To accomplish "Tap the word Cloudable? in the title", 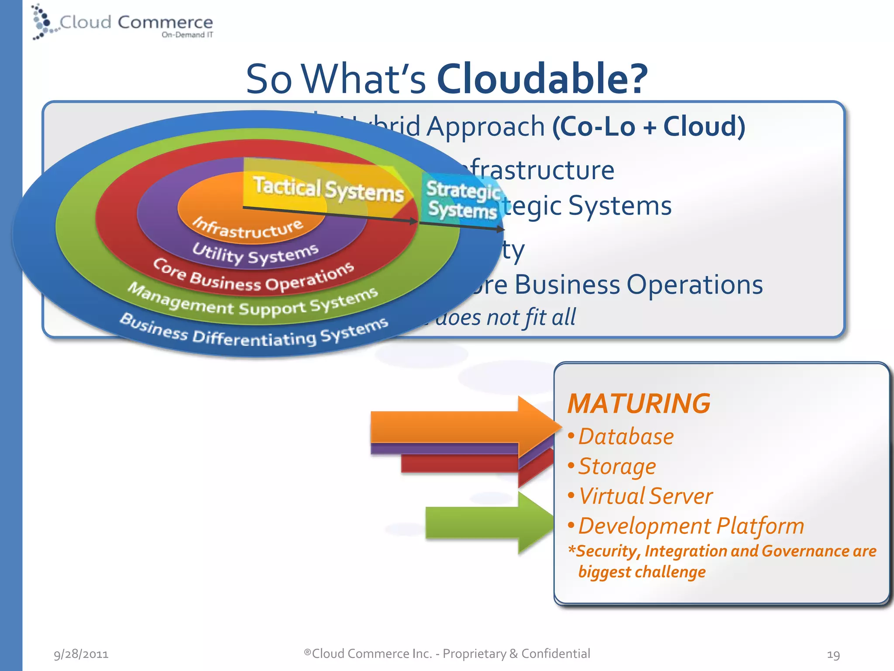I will point(542,79).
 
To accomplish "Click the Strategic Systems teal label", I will point(463,200).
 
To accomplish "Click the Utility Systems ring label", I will point(256,254).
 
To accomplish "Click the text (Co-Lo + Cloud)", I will point(649,127).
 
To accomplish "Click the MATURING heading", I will point(639,403).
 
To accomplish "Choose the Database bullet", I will point(626,436).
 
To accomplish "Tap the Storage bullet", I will point(617,466).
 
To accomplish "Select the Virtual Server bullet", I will point(645,496).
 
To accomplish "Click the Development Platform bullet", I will point(691,526).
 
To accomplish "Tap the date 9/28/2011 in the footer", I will point(81,654).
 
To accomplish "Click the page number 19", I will point(833,654).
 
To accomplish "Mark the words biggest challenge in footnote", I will point(642,572).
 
